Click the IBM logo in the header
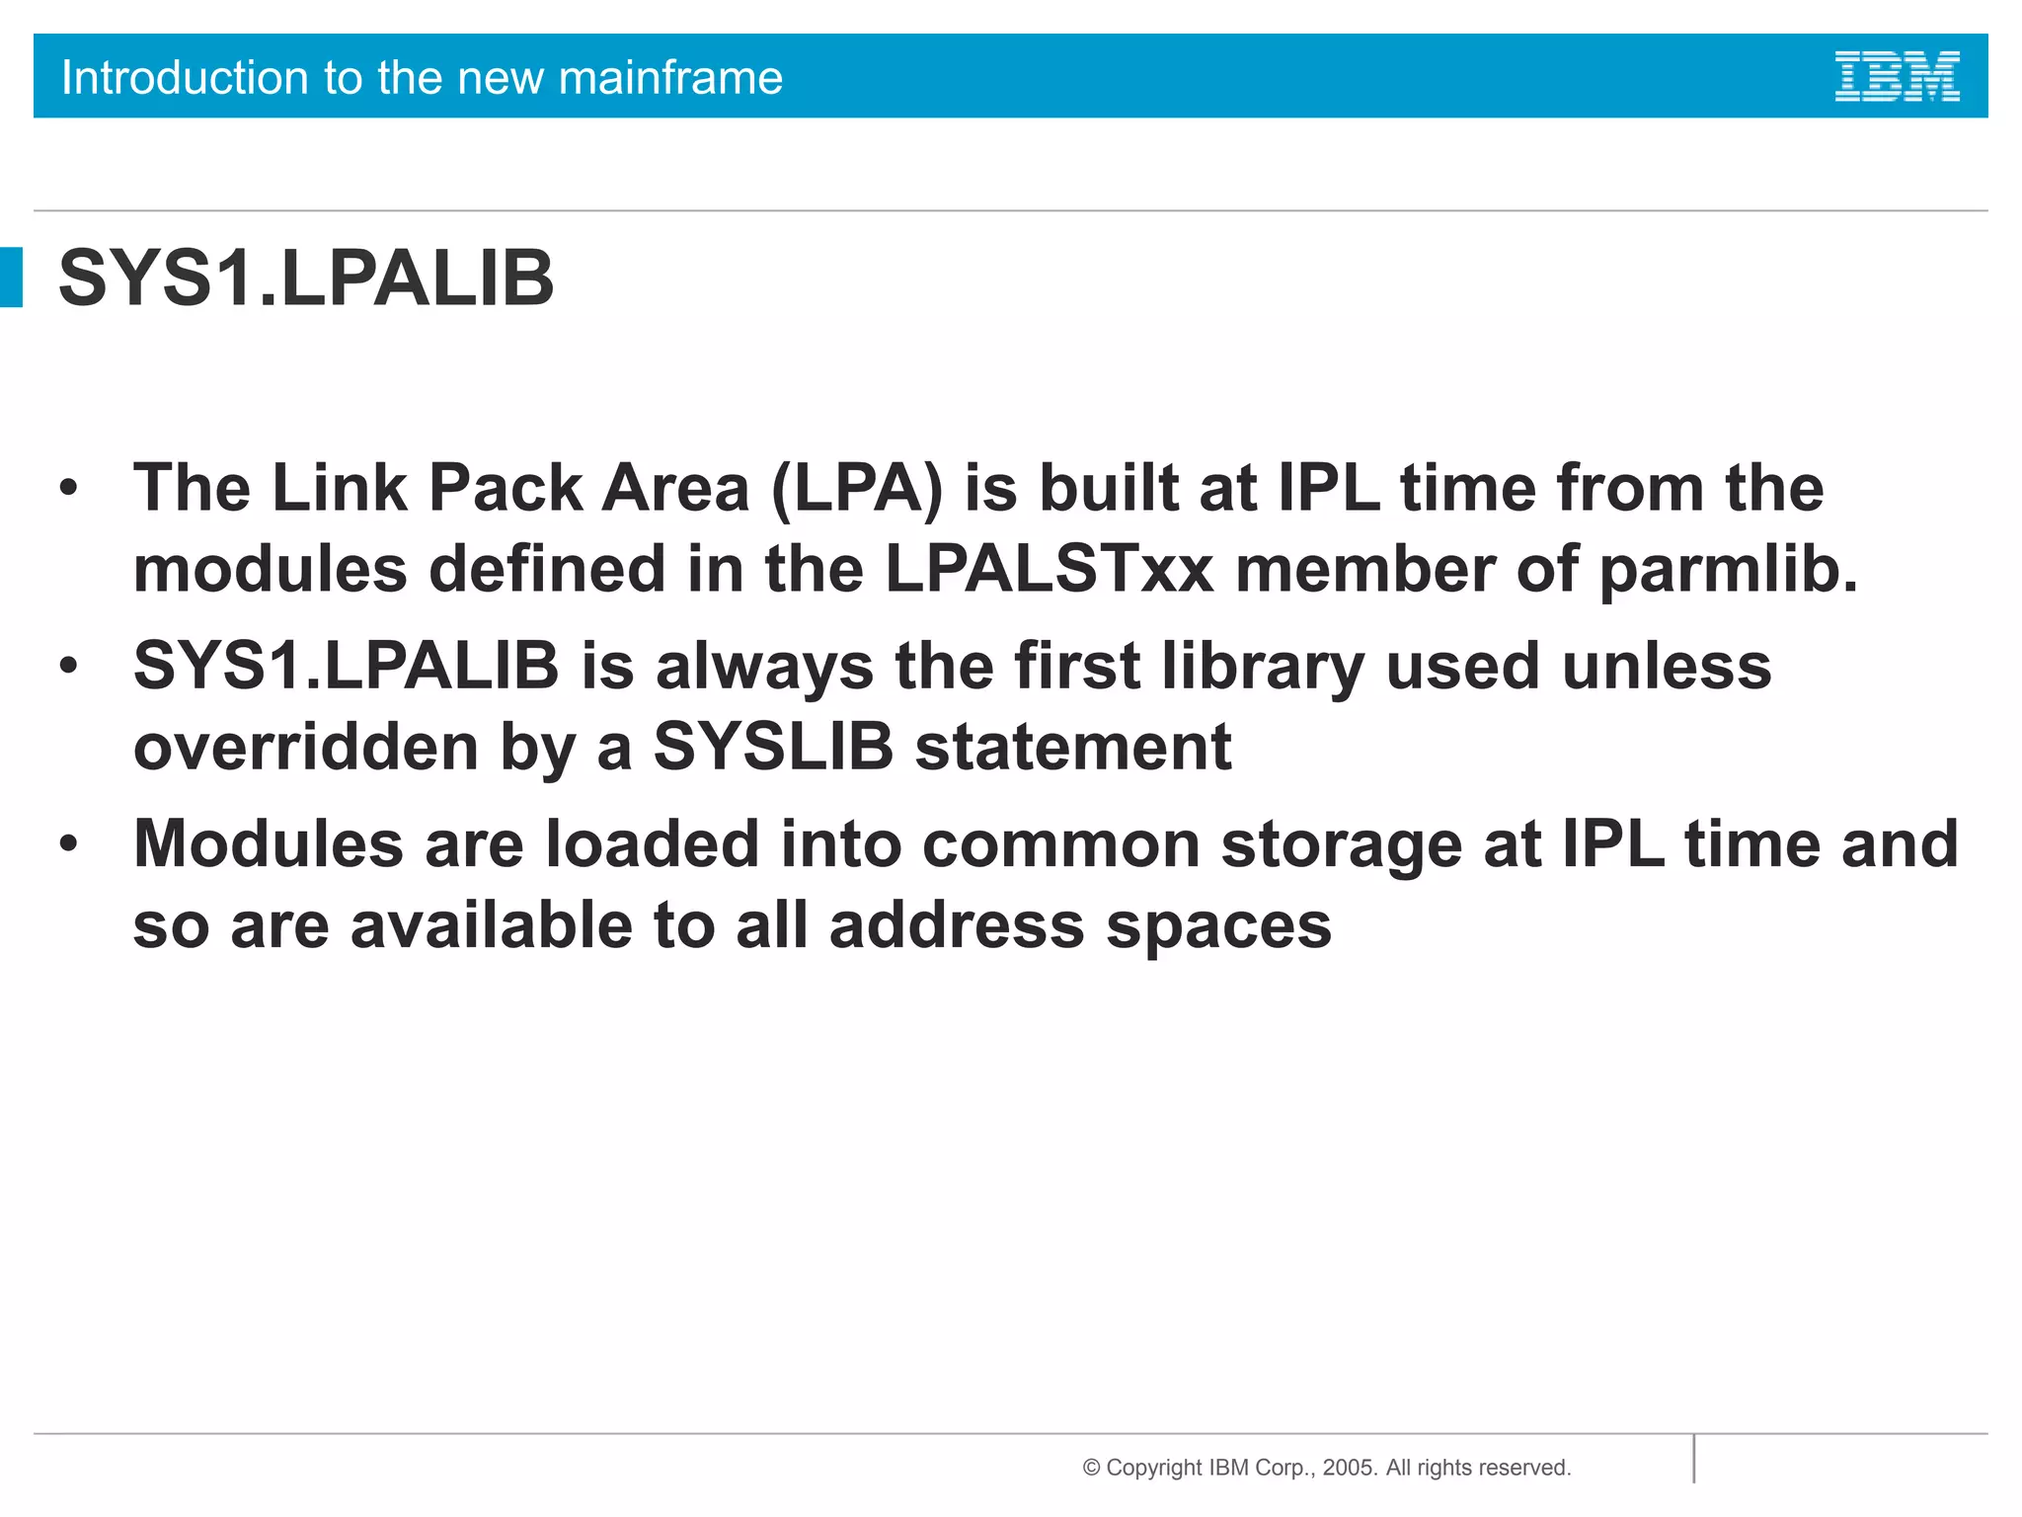click(1897, 77)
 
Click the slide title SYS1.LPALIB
click(306, 279)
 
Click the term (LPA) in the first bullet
click(856, 489)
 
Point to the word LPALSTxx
click(1049, 570)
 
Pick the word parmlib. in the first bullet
click(1728, 572)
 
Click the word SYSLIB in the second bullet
click(773, 747)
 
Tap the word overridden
click(306, 747)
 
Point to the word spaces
click(1218, 926)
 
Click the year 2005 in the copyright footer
click(1348, 1468)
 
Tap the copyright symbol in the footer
click(1091, 1468)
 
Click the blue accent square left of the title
click(11, 278)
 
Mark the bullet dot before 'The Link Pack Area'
click(68, 488)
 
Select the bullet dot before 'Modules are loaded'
click(68, 844)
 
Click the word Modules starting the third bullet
click(269, 845)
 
